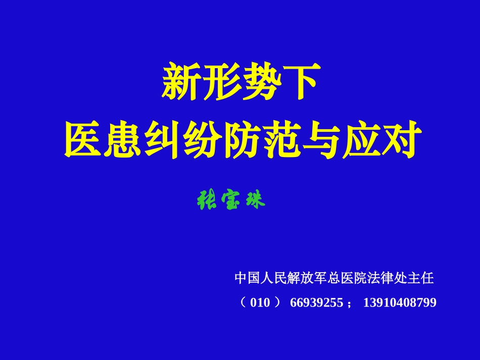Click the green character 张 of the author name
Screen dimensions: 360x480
click(x=206, y=201)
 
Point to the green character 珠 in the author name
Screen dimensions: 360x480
click(x=254, y=201)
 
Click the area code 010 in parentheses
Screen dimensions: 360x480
click(x=260, y=303)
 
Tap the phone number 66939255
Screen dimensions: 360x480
click(x=316, y=303)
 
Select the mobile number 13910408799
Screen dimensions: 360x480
click(x=400, y=303)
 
